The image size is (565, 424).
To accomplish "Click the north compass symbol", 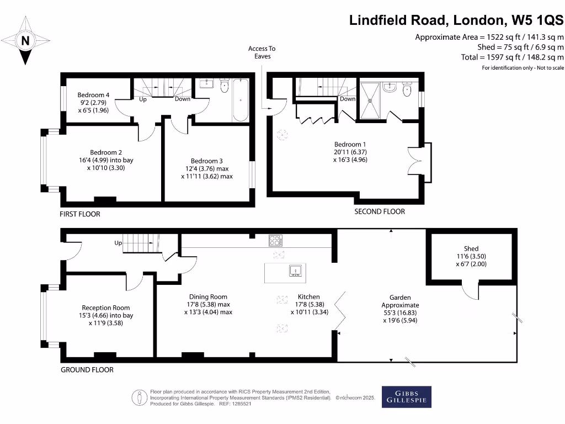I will click(25, 40).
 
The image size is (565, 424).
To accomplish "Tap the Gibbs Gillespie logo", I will click(407, 397).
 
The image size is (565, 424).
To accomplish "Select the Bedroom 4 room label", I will click(93, 95).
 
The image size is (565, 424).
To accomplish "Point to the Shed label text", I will click(471, 248).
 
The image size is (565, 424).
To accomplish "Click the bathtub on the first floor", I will click(241, 100).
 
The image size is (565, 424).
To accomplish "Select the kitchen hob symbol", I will click(276, 240).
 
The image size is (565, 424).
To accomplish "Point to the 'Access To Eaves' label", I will click(262, 52).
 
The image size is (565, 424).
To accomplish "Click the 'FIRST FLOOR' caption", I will click(80, 214).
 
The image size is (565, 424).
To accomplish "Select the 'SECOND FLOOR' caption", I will click(380, 211).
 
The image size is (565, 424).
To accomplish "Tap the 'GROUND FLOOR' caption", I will click(87, 370).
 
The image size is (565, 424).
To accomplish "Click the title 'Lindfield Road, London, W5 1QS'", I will click(456, 20).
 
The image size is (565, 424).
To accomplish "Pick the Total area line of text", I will click(513, 57).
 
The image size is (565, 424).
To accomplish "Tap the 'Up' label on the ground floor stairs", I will click(118, 243).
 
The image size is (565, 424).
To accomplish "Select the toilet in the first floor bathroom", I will click(223, 86).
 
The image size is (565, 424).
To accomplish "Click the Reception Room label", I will click(106, 308).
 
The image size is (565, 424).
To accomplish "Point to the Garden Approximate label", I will click(400, 301).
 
